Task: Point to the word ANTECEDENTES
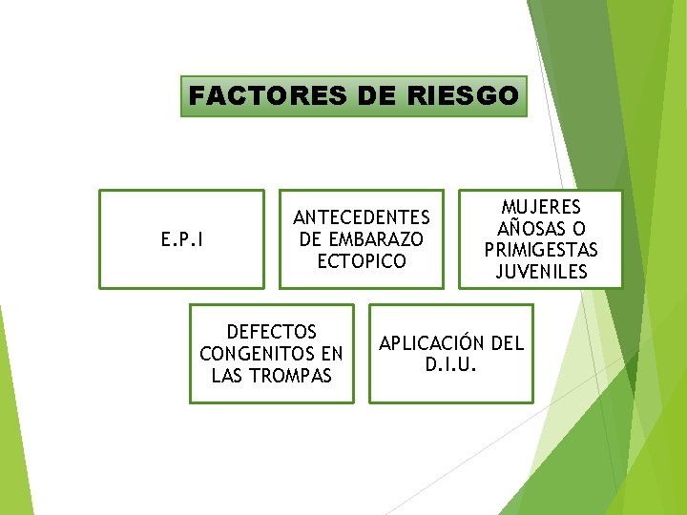(x=362, y=218)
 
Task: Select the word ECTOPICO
(x=362, y=260)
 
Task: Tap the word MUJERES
(x=541, y=209)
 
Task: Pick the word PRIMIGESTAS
(x=541, y=251)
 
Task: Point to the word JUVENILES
(x=541, y=272)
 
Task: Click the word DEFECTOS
(x=272, y=333)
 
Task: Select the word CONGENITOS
(x=259, y=354)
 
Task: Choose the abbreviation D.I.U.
(x=451, y=364)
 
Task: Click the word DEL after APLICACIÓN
(x=506, y=343)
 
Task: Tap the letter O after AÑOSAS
(x=577, y=230)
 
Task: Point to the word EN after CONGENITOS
(x=331, y=354)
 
